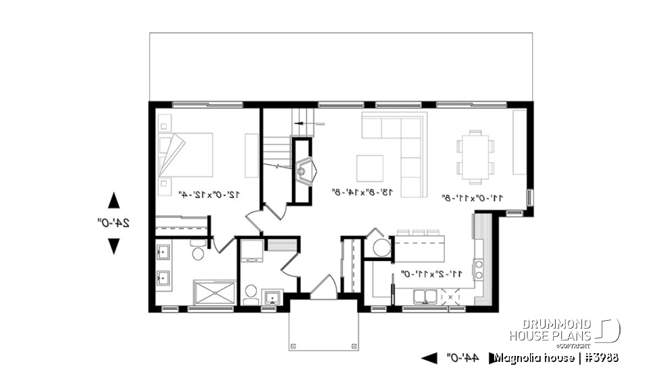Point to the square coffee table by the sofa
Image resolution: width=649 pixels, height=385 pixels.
[370, 168]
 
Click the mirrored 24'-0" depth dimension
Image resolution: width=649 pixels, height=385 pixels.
[114, 223]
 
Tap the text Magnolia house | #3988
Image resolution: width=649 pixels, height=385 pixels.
[556, 357]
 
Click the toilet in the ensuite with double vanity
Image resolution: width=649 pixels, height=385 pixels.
[198, 254]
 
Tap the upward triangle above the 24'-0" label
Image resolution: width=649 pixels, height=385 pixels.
[114, 201]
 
